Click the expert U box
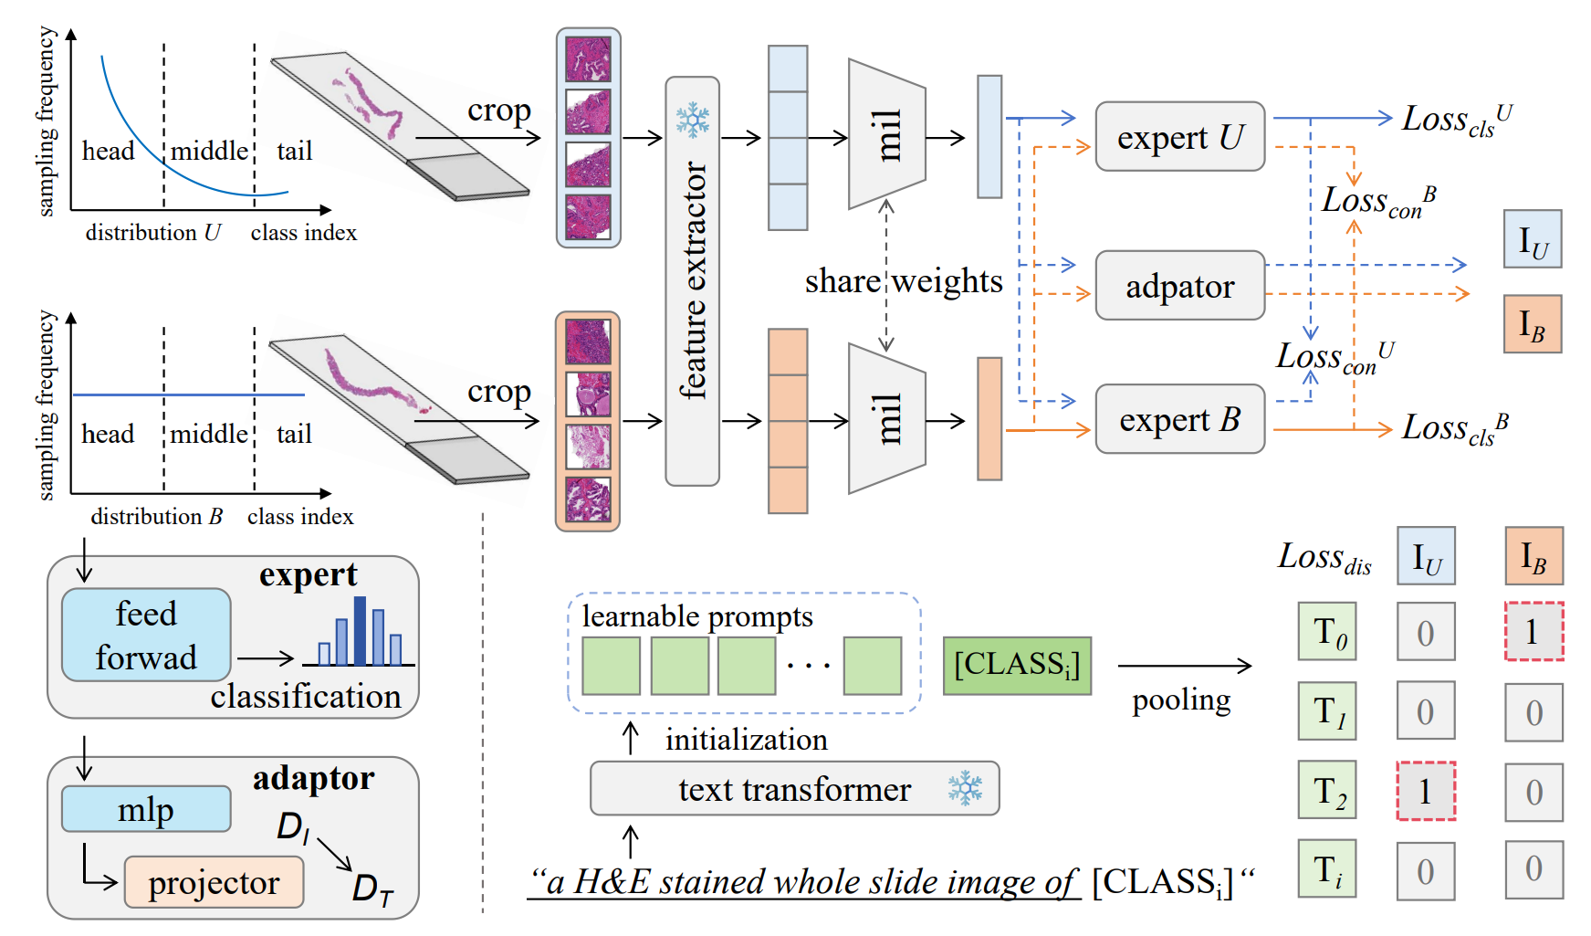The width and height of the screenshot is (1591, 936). [x=1179, y=137]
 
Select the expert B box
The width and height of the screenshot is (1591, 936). [x=1179, y=419]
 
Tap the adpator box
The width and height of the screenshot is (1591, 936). [x=1179, y=286]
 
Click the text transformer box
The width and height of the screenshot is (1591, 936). [x=794, y=789]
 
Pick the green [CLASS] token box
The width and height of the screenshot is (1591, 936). [x=1017, y=666]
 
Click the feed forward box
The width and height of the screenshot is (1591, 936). [x=146, y=635]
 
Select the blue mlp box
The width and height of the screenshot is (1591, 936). [x=146, y=809]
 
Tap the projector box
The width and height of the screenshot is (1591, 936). [x=214, y=882]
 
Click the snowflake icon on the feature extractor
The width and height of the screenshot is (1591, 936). [x=693, y=120]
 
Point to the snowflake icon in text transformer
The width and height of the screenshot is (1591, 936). [x=965, y=788]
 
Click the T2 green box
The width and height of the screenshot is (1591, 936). [x=1327, y=791]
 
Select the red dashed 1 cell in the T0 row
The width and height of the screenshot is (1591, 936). [x=1534, y=631]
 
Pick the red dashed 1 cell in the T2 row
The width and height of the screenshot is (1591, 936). [x=1426, y=791]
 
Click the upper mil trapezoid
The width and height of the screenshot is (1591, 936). [x=886, y=135]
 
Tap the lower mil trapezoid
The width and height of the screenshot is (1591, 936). [x=886, y=419]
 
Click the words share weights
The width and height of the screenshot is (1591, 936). [x=904, y=281]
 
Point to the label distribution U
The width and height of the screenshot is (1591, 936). [x=153, y=233]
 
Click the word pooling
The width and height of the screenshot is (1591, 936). [x=1181, y=701]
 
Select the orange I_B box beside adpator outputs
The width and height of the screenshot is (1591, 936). [x=1533, y=324]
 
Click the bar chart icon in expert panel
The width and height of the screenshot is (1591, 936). [x=361, y=631]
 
